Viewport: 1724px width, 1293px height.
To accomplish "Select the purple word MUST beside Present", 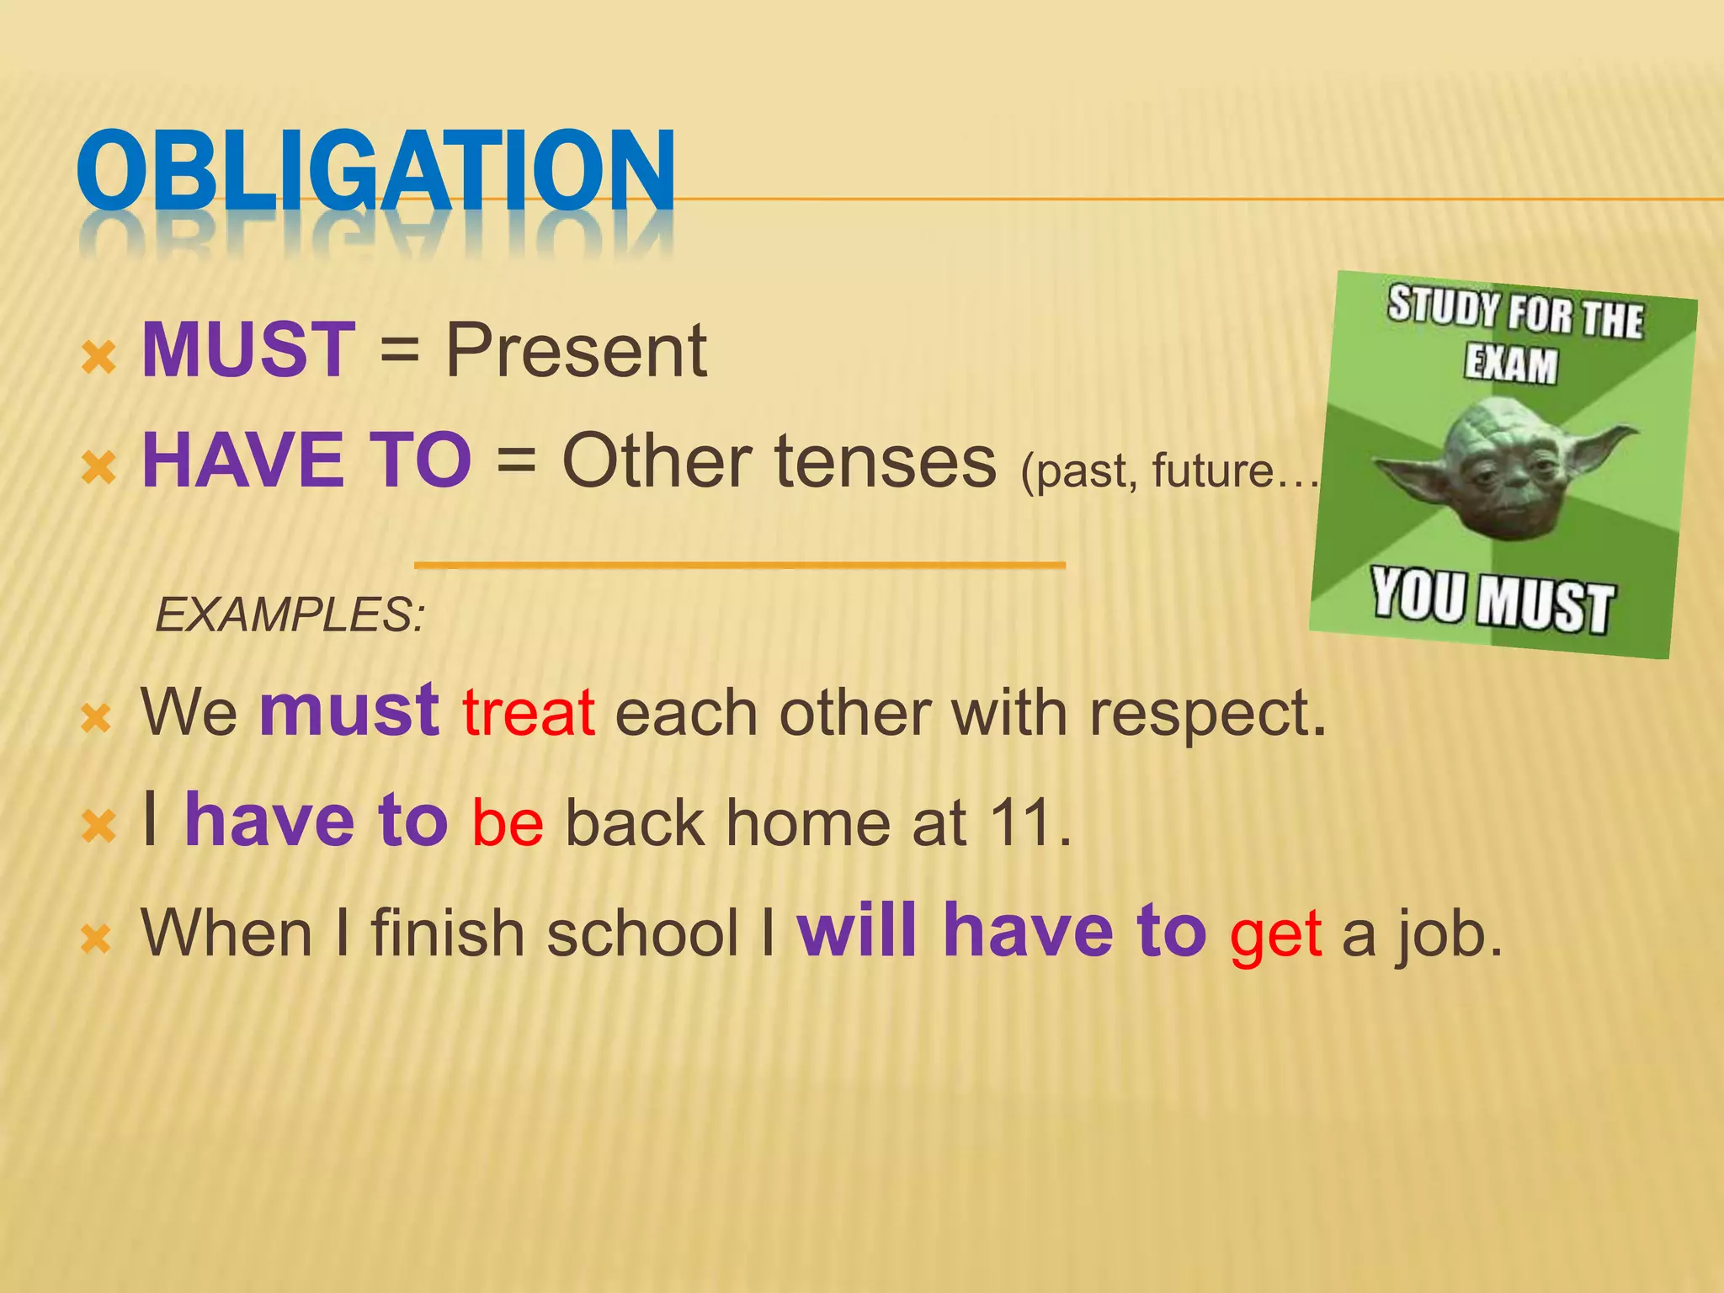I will (x=248, y=349).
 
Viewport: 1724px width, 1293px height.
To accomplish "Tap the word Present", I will (x=576, y=351).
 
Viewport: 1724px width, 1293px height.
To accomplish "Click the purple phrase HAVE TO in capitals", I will (x=306, y=460).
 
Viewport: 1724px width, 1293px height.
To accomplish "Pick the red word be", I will (x=508, y=823).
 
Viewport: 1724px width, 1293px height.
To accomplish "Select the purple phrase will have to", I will (x=1002, y=931).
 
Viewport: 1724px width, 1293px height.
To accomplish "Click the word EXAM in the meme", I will (x=1511, y=364).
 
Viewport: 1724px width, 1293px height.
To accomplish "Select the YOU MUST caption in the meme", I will (x=1493, y=600).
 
